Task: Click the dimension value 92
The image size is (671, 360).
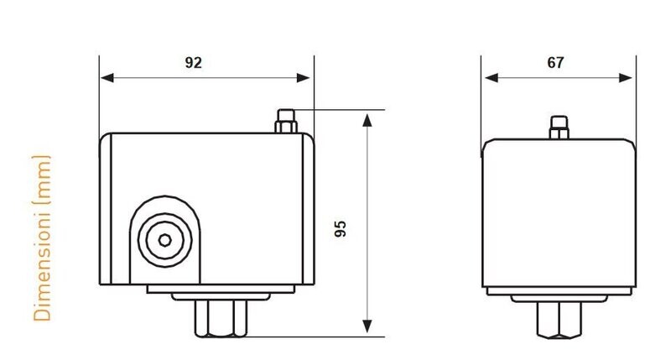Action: click(193, 63)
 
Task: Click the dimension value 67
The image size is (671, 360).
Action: click(555, 63)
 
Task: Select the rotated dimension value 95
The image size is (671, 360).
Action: click(341, 228)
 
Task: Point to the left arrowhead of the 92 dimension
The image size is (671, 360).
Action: click(107, 77)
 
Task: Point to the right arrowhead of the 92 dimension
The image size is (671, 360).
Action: click(303, 77)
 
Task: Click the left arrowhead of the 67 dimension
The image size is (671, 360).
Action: click(492, 77)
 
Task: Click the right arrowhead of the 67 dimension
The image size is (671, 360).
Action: click(626, 77)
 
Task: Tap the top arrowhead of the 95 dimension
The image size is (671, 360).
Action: click(367, 120)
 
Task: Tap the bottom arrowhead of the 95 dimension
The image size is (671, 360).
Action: click(367, 326)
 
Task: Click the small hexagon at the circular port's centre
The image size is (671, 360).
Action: click(164, 240)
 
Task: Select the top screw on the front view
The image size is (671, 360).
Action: click(286, 122)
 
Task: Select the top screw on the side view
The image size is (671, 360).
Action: click(559, 128)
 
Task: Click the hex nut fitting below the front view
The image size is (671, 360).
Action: click(221, 319)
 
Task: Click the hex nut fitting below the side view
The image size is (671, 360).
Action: click(559, 321)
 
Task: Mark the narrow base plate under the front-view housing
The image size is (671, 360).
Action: click(221, 289)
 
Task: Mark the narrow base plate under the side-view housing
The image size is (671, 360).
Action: click(559, 291)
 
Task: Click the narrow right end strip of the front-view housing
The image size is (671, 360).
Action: click(309, 209)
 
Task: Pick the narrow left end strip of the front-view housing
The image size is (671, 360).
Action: click(106, 209)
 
